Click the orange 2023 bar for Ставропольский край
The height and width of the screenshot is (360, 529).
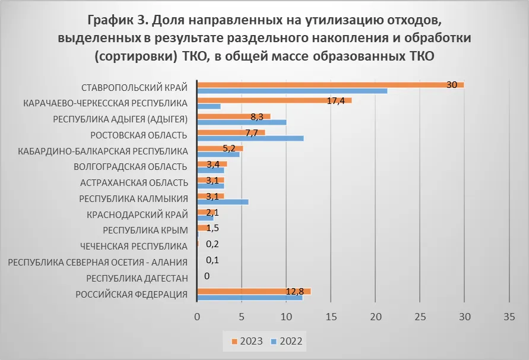[x=330, y=85]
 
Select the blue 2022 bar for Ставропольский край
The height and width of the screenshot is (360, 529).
[x=292, y=91]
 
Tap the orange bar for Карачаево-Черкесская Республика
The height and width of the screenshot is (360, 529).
[x=274, y=100]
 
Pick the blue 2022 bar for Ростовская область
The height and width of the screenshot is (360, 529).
[x=250, y=138]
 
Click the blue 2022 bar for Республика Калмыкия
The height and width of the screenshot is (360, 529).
[x=222, y=202]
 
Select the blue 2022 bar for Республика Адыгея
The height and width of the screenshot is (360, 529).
[x=241, y=122]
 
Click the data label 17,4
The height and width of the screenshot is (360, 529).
[x=336, y=100]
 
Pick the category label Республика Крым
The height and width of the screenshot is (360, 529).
[x=145, y=230]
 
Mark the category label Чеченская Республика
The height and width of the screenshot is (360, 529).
[x=134, y=246]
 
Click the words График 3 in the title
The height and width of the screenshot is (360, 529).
[x=117, y=20]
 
